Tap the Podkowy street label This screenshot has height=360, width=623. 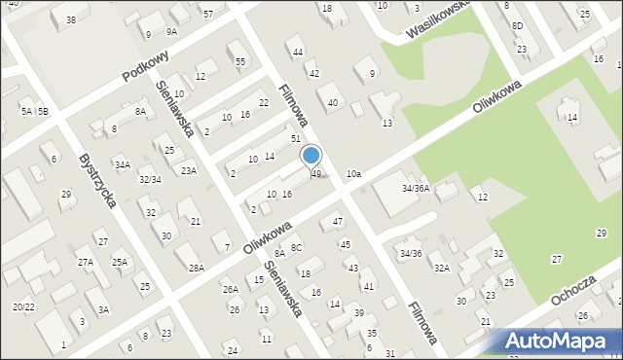coord(147,67)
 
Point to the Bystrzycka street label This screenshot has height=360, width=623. coord(98,180)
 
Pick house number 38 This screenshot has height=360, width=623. coord(70,20)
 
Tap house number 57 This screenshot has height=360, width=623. coord(208,14)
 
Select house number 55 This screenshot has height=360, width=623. coord(240,61)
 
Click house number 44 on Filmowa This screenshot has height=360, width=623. coord(298,52)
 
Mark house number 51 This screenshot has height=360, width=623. coord(295,139)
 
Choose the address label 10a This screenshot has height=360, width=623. coord(353,174)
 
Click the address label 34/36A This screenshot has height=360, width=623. coord(415,188)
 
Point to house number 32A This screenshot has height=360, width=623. coord(441,268)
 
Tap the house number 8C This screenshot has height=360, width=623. coord(297,249)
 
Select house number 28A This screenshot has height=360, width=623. coord(197,268)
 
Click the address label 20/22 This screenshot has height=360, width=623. coord(23,306)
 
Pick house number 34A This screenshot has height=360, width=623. coord(122,165)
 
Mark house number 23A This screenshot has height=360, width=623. coord(188,171)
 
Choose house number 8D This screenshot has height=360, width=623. coord(517,25)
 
